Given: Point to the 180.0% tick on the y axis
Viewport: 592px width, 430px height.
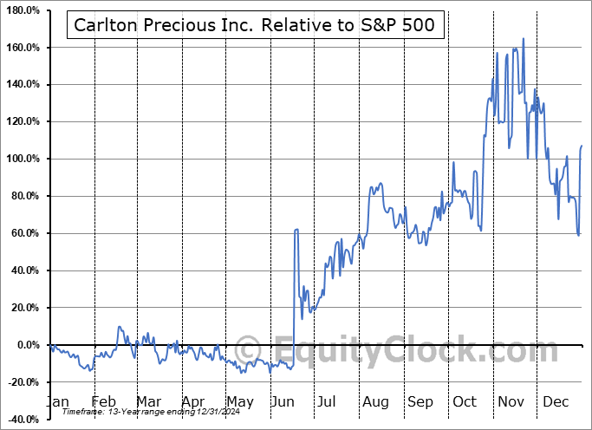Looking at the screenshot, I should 23,10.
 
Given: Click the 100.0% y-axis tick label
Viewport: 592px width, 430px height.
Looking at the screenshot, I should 23,160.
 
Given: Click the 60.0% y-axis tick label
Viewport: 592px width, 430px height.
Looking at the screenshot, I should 26,234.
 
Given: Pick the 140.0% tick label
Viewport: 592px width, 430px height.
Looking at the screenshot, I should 23,85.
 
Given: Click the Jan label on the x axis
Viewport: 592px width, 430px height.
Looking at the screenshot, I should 56,401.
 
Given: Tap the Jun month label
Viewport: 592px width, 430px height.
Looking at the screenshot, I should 283,401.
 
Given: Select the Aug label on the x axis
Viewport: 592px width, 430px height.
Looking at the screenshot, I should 374,401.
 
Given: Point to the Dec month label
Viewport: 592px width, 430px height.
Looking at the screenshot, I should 556,401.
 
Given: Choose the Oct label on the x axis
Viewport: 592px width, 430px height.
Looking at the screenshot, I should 465,401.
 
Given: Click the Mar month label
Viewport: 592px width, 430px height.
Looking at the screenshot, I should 148,401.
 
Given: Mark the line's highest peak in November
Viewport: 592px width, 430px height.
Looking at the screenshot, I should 523,39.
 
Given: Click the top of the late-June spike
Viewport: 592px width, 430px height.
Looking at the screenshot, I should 296,230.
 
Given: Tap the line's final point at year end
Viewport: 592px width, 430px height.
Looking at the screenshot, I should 582,146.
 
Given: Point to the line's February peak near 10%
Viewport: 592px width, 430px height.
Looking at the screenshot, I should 119,327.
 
